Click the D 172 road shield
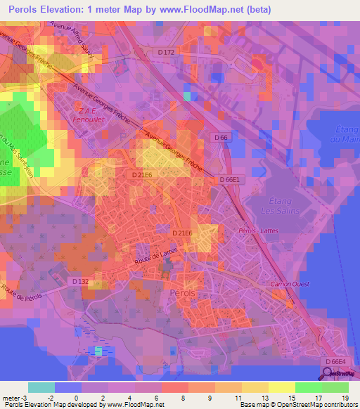[165, 53]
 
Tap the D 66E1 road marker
[230, 180]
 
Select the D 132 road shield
[79, 281]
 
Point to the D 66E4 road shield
[335, 361]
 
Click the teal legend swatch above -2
[41, 387]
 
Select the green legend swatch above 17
[309, 387]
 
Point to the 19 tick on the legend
[345, 398]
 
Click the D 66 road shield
[221, 138]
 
